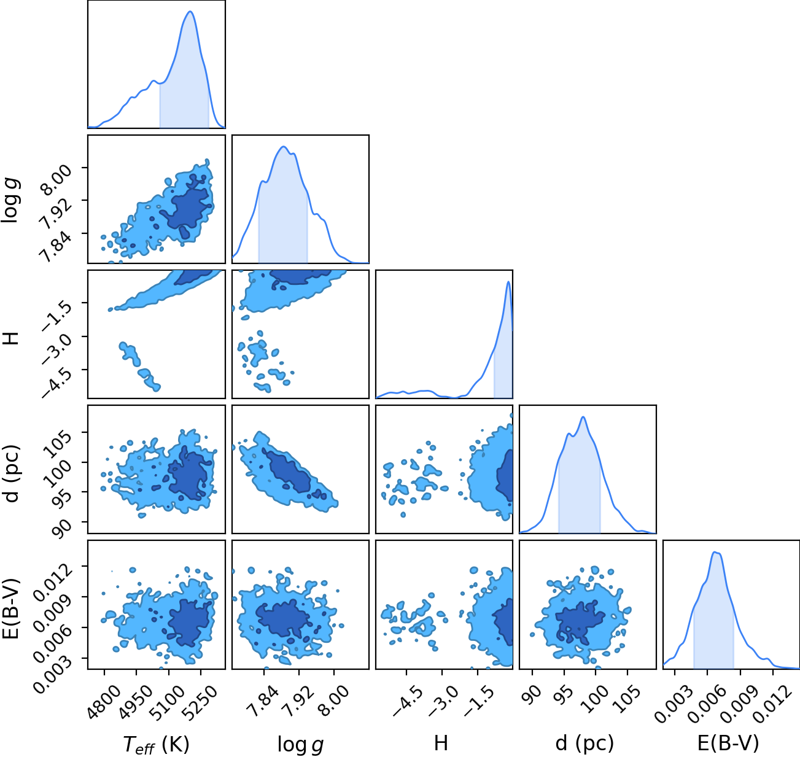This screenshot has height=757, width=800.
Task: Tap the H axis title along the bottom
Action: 441,743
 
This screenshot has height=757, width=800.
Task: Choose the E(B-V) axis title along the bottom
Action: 728,743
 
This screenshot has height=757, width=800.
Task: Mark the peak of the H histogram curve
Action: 508,282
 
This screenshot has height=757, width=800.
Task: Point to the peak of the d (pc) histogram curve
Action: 583,417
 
